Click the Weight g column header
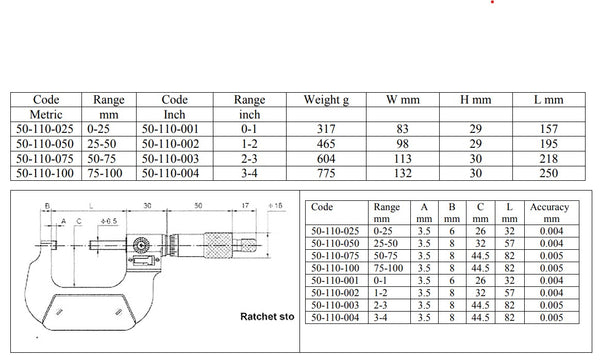click(x=326, y=100)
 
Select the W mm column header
click(x=403, y=100)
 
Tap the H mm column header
click(x=476, y=100)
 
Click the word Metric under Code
click(x=46, y=114)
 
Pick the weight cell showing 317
click(x=326, y=129)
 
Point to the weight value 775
click(x=326, y=173)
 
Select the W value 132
click(x=403, y=173)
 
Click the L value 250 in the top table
click(x=549, y=173)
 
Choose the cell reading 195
click(x=549, y=144)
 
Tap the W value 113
click(x=403, y=159)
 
